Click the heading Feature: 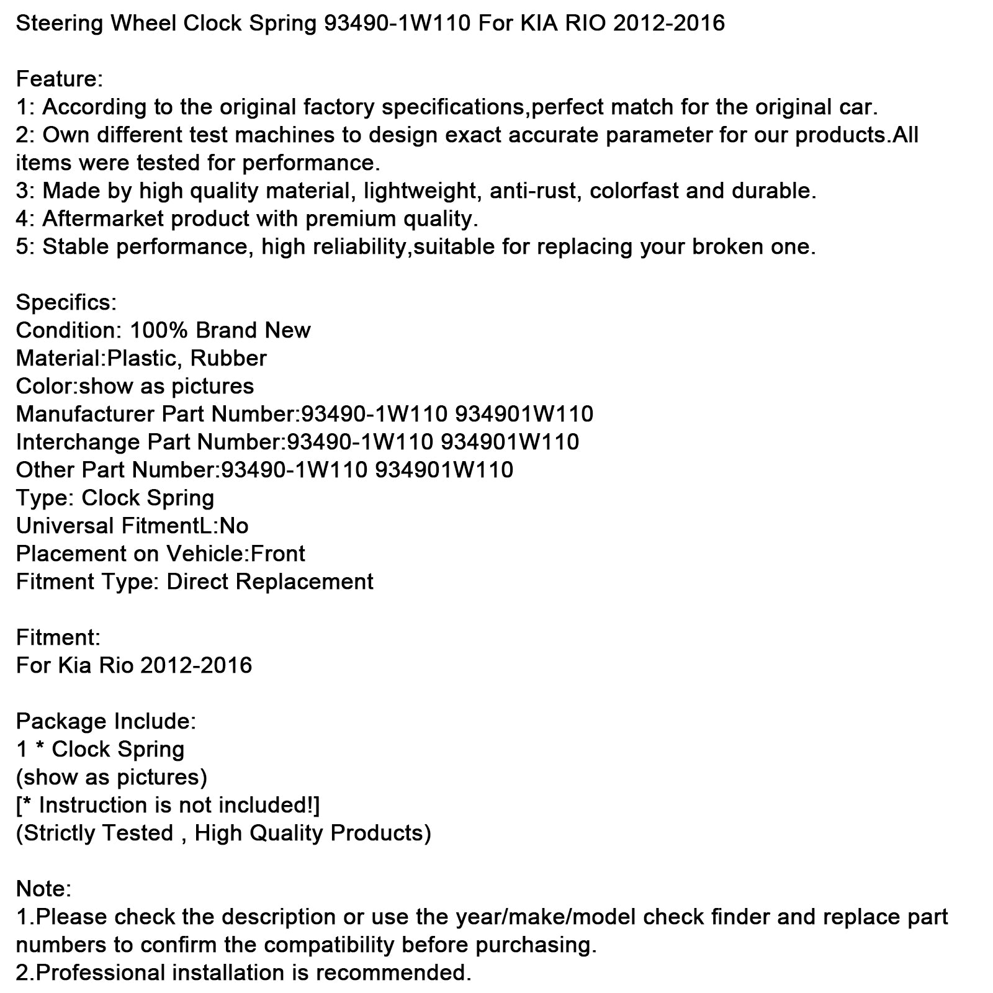pos(59,79)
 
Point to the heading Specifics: pos(66,303)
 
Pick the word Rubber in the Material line pos(228,359)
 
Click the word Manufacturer pos(85,414)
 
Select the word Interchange pos(79,442)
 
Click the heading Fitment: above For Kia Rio pos(58,638)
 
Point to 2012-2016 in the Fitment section pos(196,666)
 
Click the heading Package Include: pos(106,722)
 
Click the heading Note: pos(43,889)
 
